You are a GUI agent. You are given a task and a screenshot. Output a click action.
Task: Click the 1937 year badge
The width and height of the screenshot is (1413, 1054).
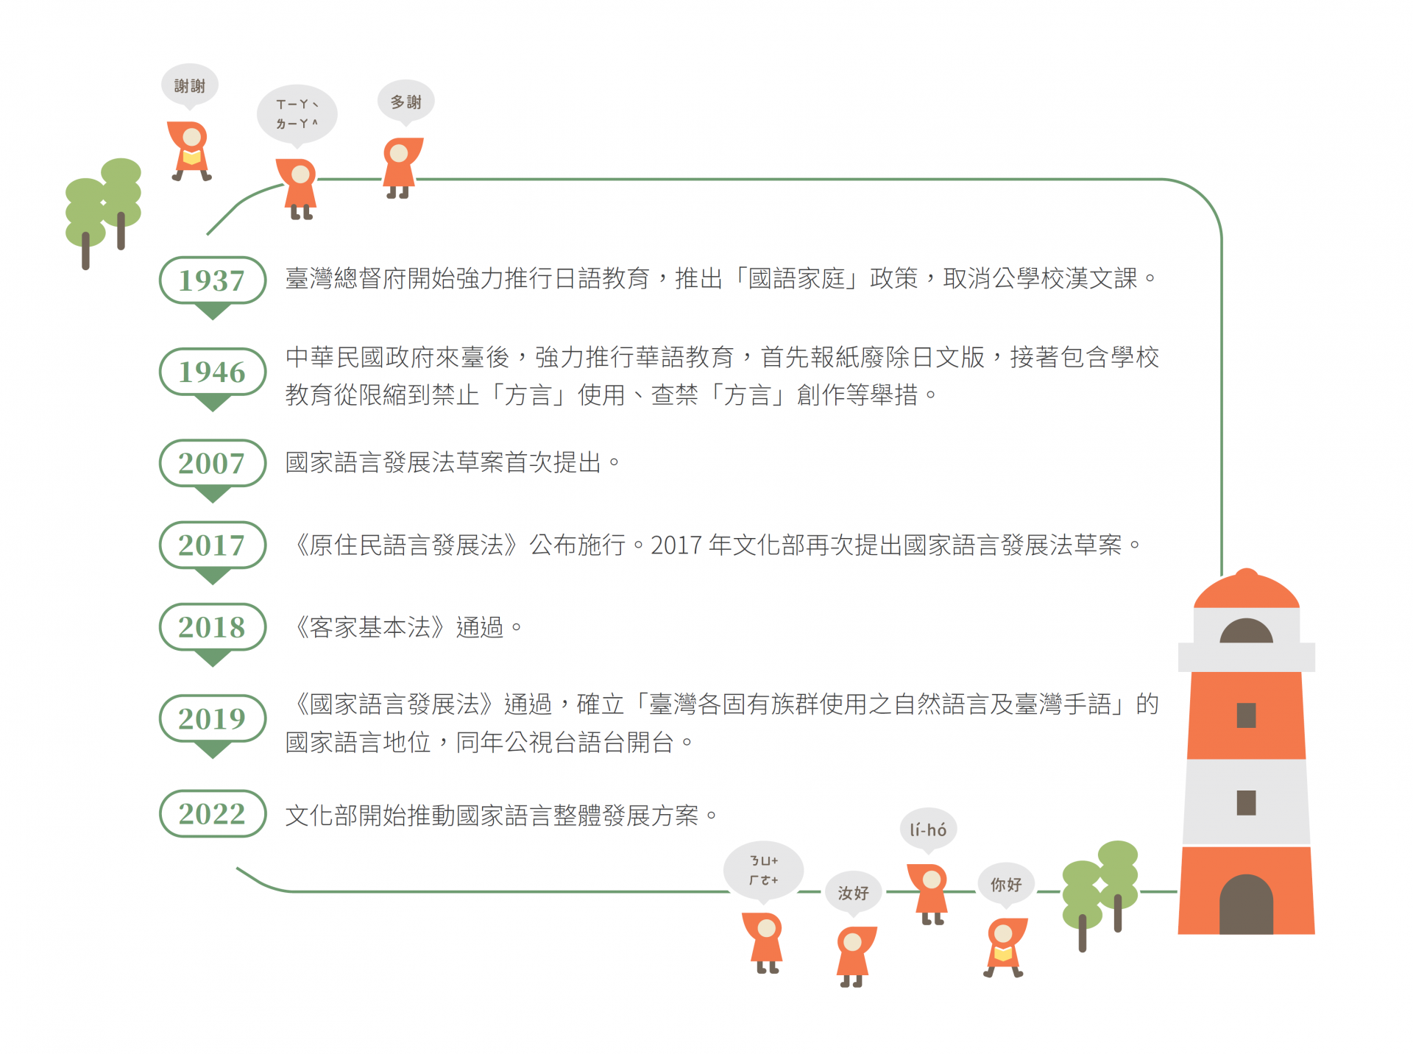(212, 280)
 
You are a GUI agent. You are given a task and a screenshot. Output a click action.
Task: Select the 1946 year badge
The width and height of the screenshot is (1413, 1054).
(212, 372)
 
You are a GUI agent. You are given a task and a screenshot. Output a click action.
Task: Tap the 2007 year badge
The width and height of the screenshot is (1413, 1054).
(212, 463)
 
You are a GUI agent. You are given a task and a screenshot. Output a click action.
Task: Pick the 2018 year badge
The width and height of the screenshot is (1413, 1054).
(212, 627)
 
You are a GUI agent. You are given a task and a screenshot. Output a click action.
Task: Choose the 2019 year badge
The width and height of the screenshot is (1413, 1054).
(212, 718)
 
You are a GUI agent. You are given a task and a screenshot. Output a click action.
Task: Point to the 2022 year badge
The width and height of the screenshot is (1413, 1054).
(212, 813)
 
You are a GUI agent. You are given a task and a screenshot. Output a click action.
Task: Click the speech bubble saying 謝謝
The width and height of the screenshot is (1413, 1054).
(190, 85)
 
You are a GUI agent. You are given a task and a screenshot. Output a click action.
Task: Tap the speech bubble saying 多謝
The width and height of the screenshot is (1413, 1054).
(406, 102)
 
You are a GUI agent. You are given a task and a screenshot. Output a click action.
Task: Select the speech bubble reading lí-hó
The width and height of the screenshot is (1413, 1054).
(928, 830)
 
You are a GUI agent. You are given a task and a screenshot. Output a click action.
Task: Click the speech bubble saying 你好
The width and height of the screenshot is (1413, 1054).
(1005, 884)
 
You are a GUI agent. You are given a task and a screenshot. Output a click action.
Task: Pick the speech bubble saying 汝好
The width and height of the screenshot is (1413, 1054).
(853, 893)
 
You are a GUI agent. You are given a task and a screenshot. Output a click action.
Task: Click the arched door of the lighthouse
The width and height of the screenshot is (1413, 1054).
(1246, 905)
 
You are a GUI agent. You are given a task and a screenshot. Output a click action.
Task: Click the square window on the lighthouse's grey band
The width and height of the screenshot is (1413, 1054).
(1246, 802)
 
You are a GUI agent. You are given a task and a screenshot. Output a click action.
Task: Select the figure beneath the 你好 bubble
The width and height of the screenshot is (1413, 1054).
(1005, 947)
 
